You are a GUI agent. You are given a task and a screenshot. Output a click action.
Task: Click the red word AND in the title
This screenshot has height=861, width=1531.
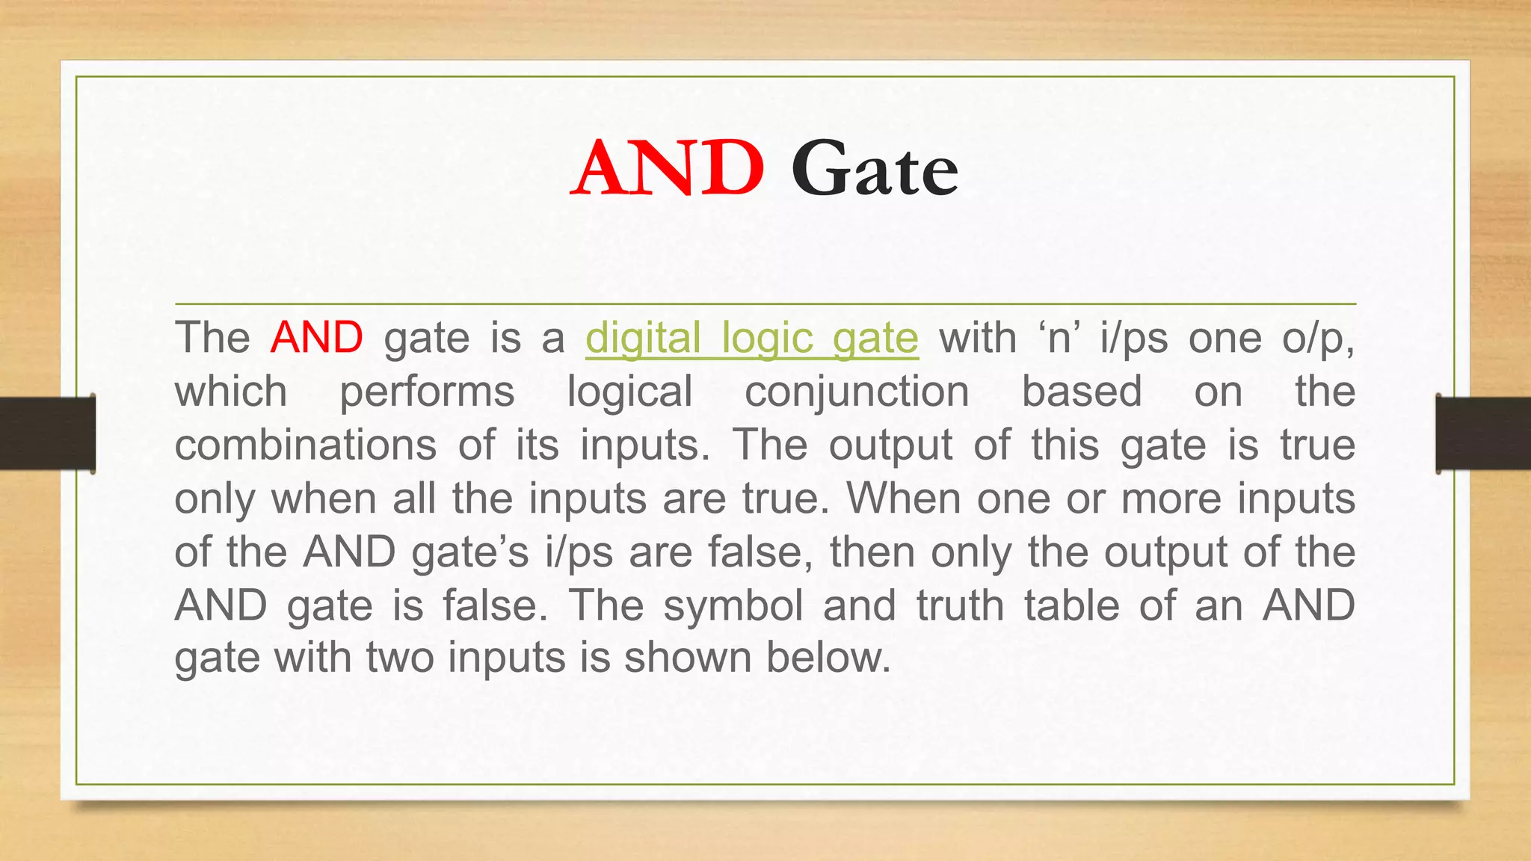[x=668, y=169]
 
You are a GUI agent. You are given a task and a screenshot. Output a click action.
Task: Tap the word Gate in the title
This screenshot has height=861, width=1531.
[x=874, y=170]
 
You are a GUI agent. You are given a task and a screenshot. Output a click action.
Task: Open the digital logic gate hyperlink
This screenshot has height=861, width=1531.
[x=751, y=338]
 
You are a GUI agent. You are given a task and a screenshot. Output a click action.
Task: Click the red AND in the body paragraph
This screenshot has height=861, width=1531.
[x=316, y=338]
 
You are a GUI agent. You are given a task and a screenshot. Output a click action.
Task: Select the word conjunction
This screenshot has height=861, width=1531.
[x=857, y=392]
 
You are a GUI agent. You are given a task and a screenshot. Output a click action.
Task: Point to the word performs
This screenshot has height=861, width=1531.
[x=427, y=392]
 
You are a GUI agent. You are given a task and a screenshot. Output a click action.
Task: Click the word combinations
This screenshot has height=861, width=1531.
[x=305, y=445]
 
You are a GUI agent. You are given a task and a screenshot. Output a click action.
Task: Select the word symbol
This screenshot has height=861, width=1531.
[x=733, y=605]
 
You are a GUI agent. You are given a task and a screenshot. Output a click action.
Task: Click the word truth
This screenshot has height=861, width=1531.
[x=960, y=605]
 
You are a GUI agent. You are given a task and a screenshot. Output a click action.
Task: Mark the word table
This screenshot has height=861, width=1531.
[x=1071, y=605]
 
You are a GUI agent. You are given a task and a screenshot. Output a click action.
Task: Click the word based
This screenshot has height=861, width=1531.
[x=1082, y=392]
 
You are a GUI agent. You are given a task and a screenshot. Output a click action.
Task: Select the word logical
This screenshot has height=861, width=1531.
[x=629, y=392]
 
